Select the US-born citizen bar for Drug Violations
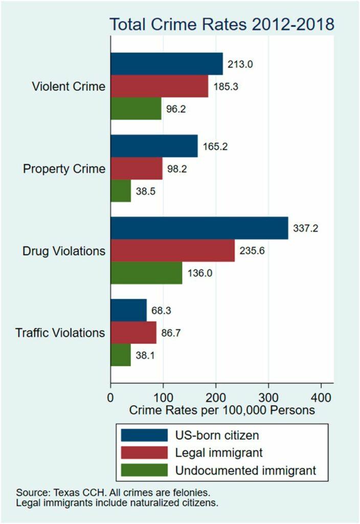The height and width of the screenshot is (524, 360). pyautogui.click(x=199, y=228)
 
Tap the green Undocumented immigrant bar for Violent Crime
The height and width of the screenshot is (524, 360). pyautogui.click(x=136, y=109)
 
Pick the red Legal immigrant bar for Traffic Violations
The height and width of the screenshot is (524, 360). pyautogui.click(x=133, y=333)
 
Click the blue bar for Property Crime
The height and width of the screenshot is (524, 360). pyautogui.click(x=154, y=146)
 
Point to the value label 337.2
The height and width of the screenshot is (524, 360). pyautogui.click(x=305, y=229)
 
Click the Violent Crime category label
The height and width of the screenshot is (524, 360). pyautogui.click(x=69, y=86)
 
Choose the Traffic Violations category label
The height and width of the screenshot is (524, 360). pyautogui.click(x=60, y=333)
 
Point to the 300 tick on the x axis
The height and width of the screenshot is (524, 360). pyautogui.click(x=268, y=397)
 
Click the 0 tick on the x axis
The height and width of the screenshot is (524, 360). pyautogui.click(x=110, y=397)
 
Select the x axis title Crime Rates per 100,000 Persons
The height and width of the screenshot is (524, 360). pyautogui.click(x=221, y=410)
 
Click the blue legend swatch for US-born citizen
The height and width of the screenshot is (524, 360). pyautogui.click(x=145, y=435)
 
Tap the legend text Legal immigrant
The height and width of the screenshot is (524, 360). pyautogui.click(x=219, y=452)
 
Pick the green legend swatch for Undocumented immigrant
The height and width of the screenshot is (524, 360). pyautogui.click(x=145, y=470)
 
